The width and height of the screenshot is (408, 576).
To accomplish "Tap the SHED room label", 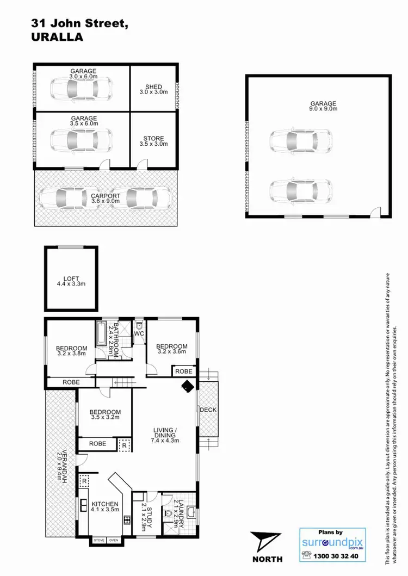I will (153, 86).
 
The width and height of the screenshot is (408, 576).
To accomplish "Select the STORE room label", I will (153, 138).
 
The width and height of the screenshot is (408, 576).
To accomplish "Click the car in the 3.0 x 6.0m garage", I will (82, 89).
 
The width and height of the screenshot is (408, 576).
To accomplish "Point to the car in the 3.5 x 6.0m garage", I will (82, 140).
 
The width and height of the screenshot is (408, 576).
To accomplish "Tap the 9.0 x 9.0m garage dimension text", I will (324, 109).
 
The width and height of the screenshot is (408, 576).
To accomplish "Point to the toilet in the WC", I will (139, 326).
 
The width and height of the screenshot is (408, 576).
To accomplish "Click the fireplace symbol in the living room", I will (188, 386).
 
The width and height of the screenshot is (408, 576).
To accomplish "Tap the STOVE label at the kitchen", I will (98, 540).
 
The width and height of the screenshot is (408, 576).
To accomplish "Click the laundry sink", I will (191, 512).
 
